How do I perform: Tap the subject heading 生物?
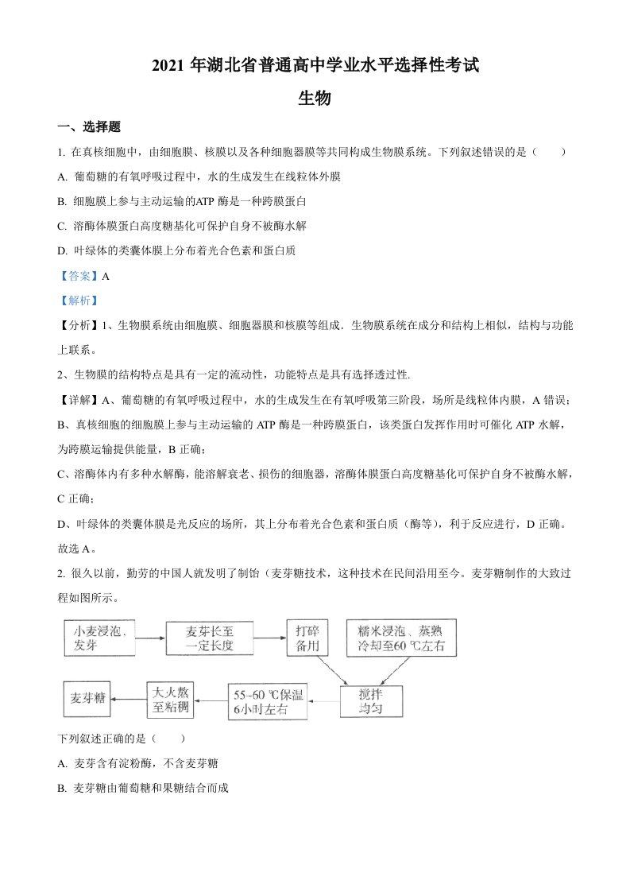click(x=315, y=99)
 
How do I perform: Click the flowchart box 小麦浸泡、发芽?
click(x=101, y=638)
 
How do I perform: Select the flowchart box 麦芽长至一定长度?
click(x=210, y=638)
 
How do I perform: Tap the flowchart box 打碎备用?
click(x=306, y=638)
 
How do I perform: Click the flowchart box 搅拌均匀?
click(x=371, y=699)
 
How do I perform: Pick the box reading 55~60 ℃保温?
click(x=268, y=700)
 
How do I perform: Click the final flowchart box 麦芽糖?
click(x=87, y=699)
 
